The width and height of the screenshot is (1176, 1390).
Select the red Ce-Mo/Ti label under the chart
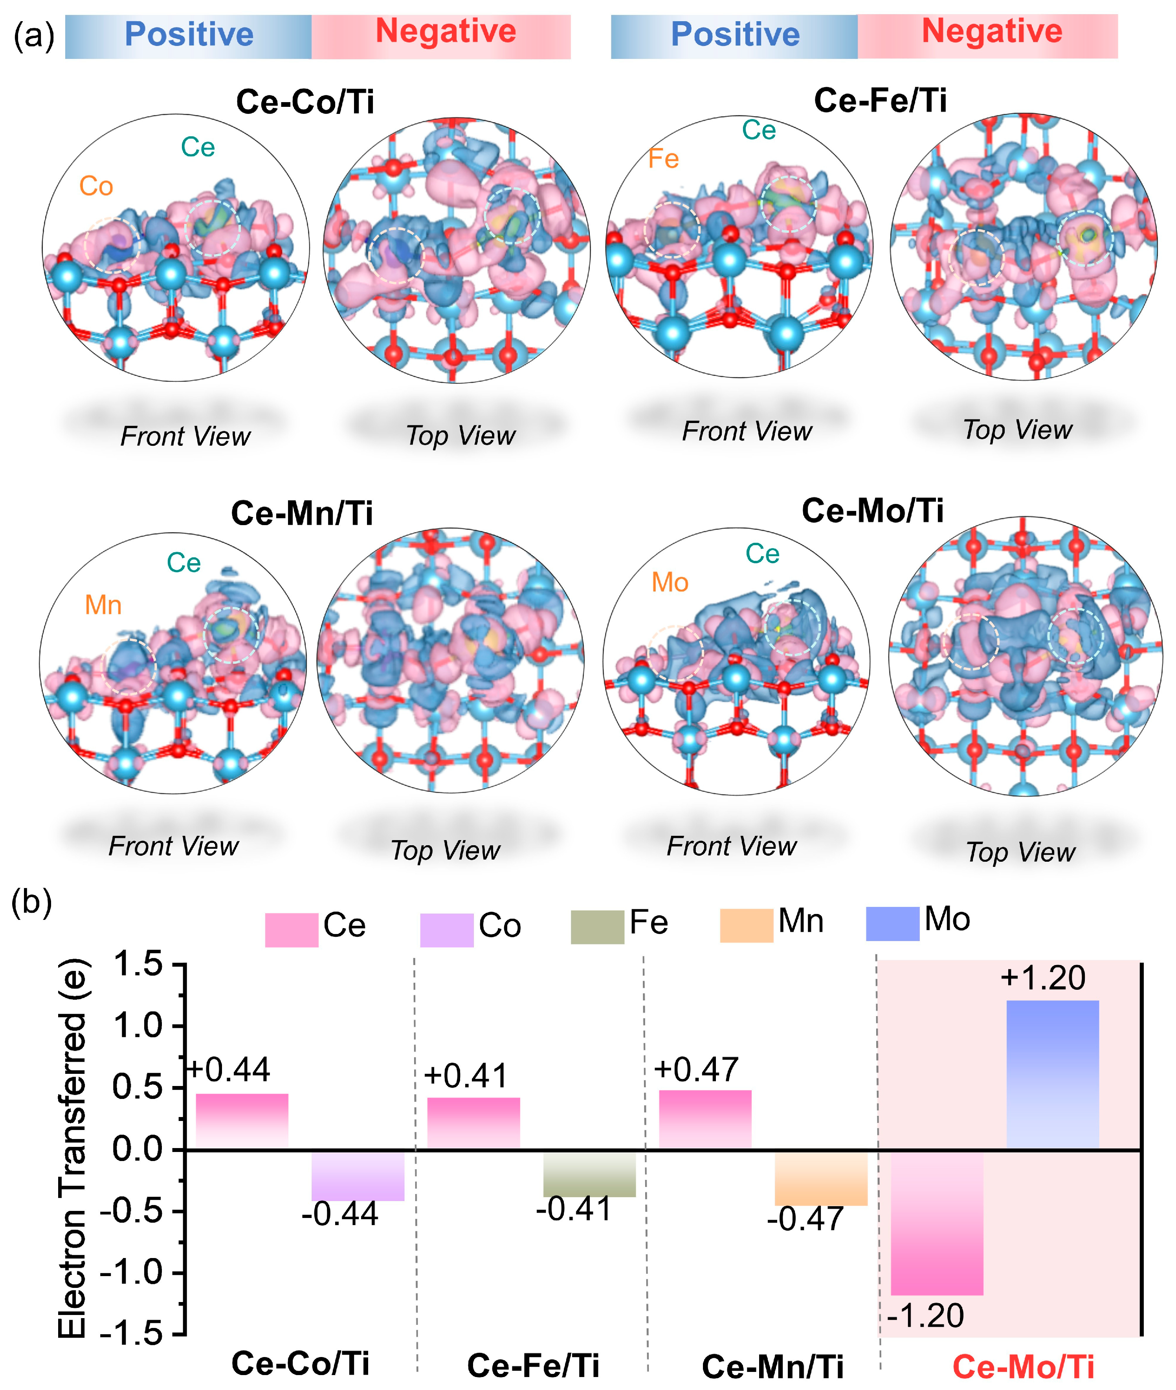tap(1023, 1367)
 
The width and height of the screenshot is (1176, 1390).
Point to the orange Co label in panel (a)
tap(96, 187)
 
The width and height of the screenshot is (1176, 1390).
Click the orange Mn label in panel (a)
tap(103, 605)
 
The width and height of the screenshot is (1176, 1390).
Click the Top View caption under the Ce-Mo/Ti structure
tap(1020, 852)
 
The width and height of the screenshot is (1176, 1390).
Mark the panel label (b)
tap(31, 904)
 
